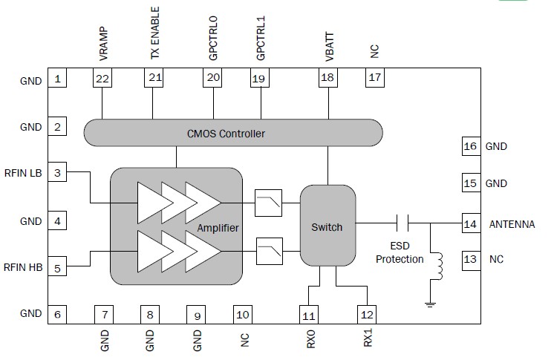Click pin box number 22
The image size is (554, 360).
coord(102,78)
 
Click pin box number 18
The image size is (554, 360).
coord(327,78)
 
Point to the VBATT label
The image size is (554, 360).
coord(327,47)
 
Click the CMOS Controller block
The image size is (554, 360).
coord(233,134)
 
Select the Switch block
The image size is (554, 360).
coord(327,226)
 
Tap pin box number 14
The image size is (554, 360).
coord(469,223)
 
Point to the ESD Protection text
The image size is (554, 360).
coord(399,253)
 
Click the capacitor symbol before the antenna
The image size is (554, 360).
coord(403,223)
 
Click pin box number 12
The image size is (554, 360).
coord(365,315)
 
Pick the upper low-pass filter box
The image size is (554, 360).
coord(267,201)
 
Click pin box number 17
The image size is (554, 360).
coord(375,78)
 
